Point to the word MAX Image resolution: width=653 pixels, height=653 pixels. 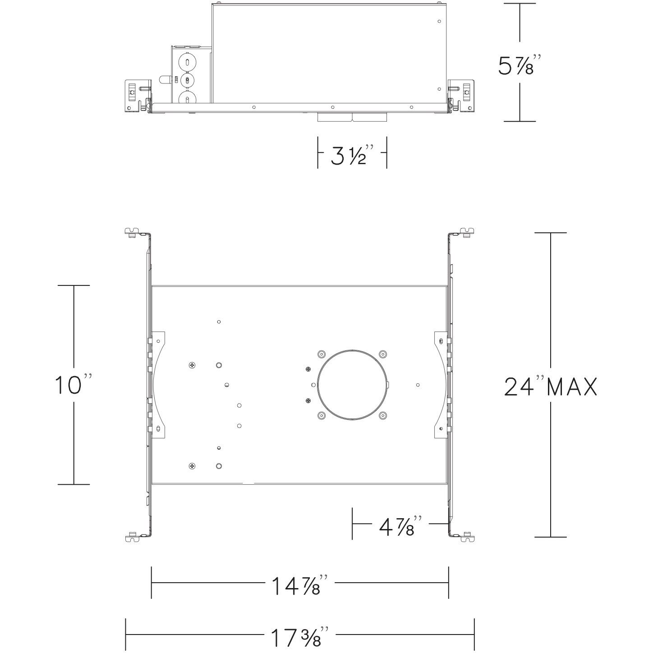click(572, 387)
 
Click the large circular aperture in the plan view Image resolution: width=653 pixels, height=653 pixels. click(352, 385)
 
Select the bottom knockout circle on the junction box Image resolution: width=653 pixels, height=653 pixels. click(186, 98)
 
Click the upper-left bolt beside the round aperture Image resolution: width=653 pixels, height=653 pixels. click(321, 354)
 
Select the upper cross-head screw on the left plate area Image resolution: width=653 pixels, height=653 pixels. click(193, 364)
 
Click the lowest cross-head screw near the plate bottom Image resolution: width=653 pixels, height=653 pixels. click(193, 466)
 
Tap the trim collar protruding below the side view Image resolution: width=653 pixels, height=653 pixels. click(352, 118)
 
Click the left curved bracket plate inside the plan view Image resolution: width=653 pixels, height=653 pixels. click(159, 384)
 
